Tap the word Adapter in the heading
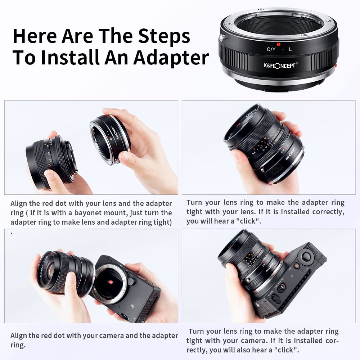171,58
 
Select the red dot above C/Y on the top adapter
278,45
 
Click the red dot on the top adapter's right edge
336,66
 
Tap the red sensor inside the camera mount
111,282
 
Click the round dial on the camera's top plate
306,256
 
